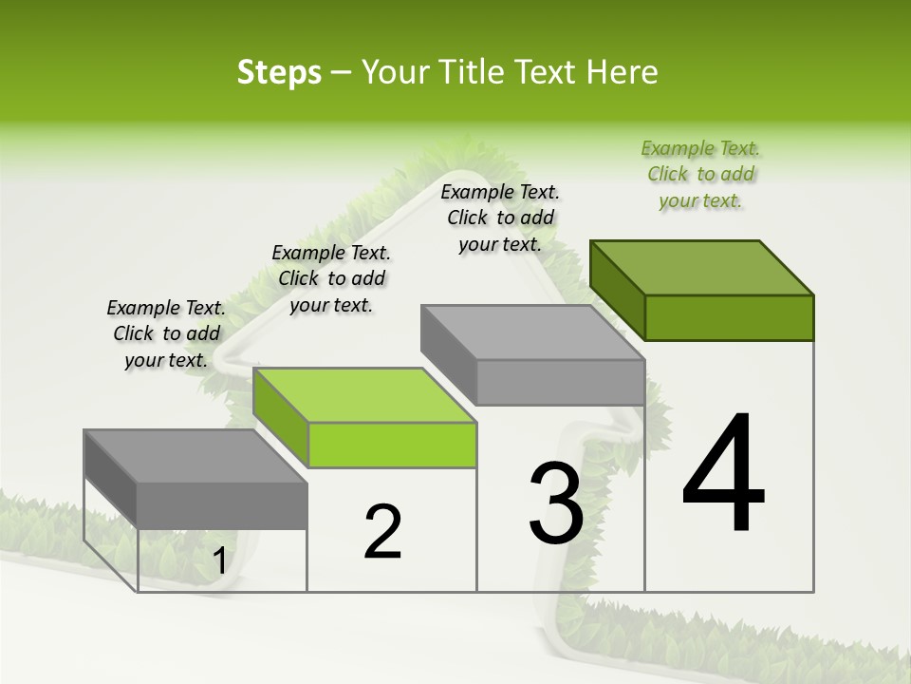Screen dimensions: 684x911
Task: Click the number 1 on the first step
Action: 219,561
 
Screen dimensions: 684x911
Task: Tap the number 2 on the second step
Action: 382,531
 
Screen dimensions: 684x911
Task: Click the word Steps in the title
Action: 279,72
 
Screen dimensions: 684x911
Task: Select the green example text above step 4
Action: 700,174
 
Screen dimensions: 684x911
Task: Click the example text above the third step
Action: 500,218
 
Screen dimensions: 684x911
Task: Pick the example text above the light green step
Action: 331,278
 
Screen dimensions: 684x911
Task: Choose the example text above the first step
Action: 166,333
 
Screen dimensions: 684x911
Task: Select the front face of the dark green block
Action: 729,317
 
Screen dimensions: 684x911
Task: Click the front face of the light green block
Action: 392,446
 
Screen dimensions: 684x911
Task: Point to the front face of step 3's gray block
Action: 560,383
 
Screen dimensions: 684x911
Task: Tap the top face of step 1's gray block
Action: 195,456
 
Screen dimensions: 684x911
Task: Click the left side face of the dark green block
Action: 617,291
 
